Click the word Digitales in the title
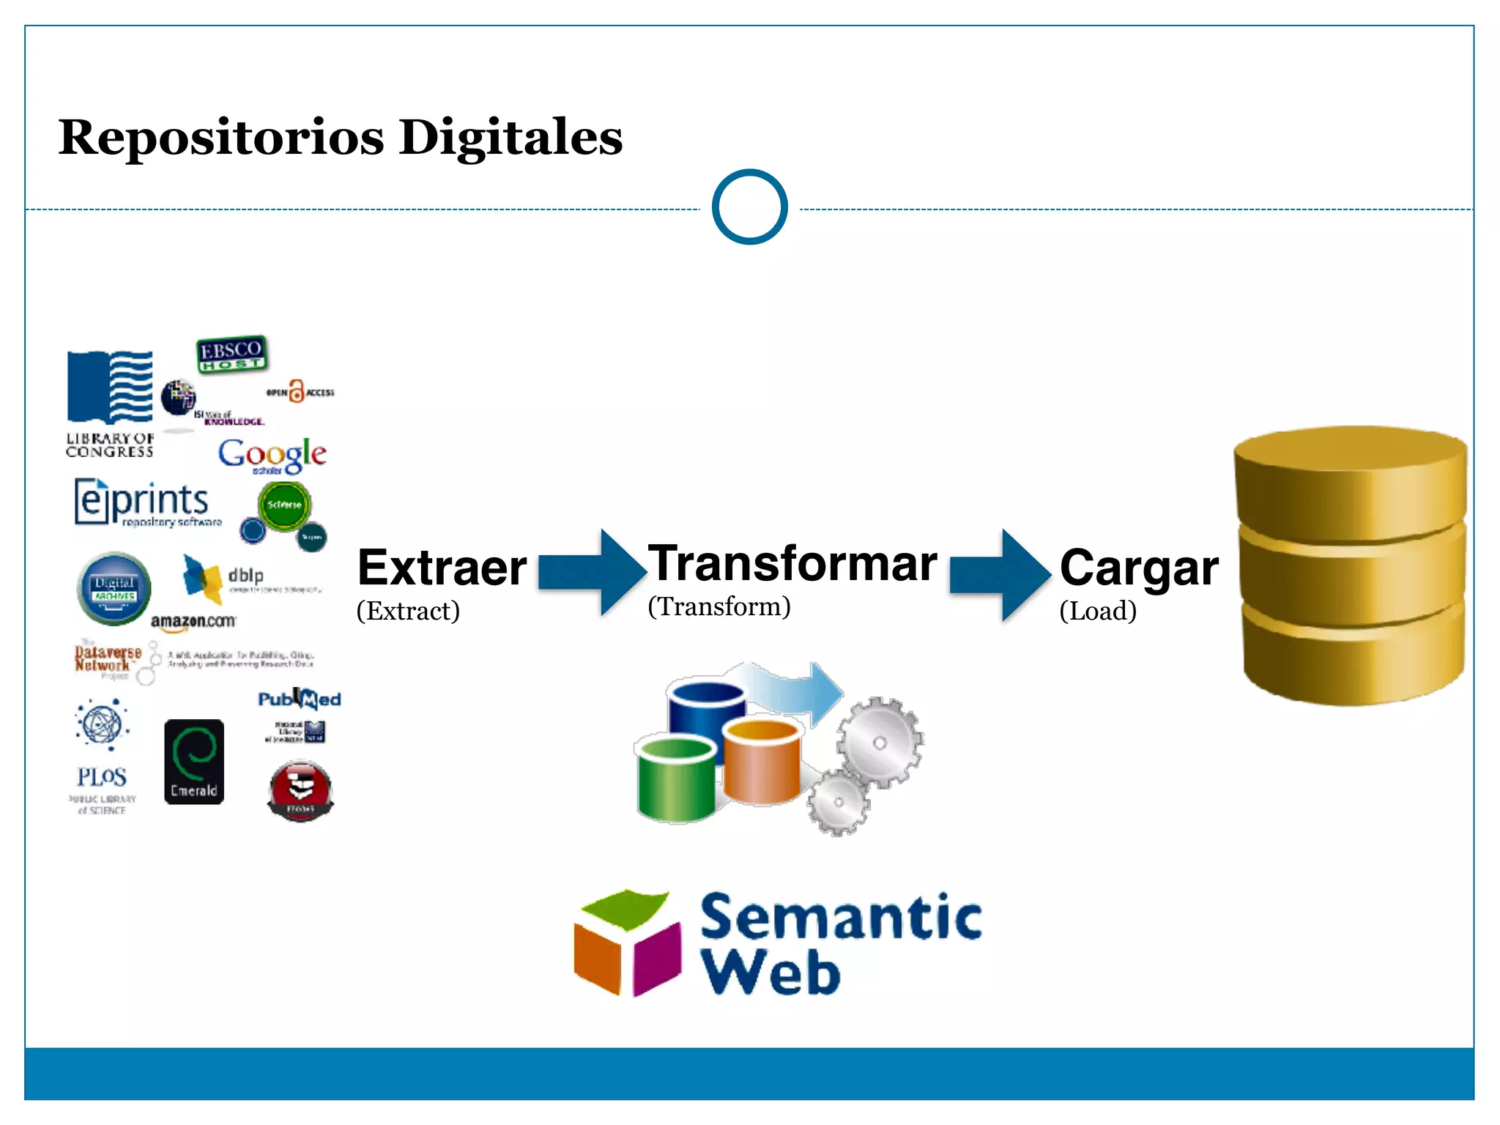[510, 138]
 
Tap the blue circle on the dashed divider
[749, 207]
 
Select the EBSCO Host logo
[232, 354]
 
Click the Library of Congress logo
[110, 403]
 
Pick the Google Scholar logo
[272, 456]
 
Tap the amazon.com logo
[193, 621]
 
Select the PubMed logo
[300, 699]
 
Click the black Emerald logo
[193, 762]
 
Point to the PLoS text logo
[102, 776]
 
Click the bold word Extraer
[442, 568]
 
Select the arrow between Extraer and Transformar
[590, 572]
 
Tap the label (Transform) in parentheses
[719, 606]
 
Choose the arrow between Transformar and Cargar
[1000, 575]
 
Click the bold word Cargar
[1139, 568]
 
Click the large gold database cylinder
[1351, 565]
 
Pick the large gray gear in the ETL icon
[880, 742]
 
